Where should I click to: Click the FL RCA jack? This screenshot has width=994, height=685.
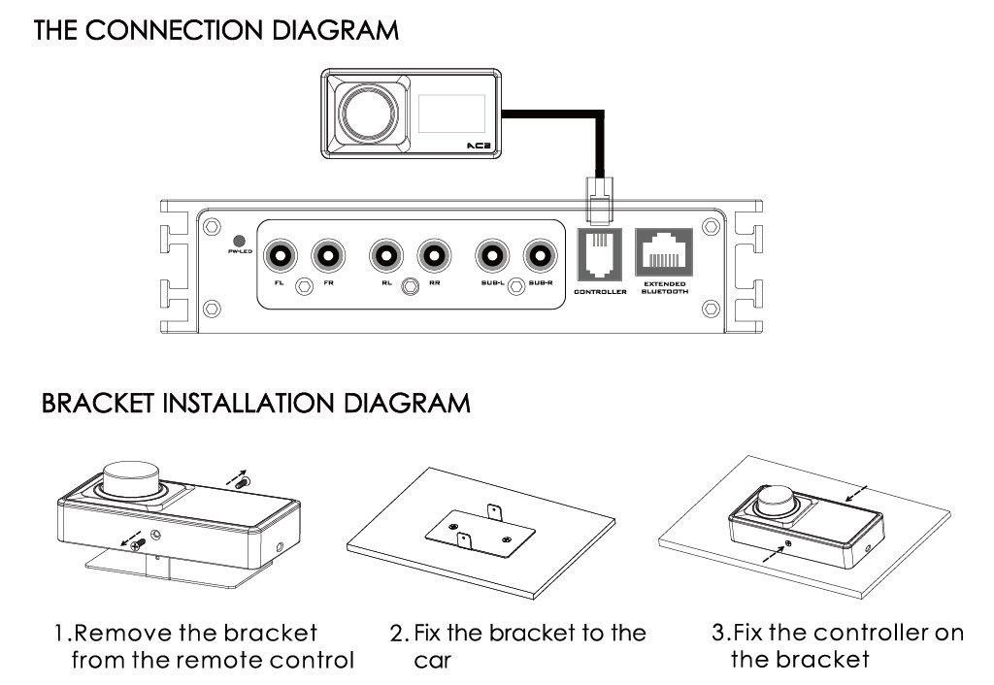282,255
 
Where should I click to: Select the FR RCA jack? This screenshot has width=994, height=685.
328,255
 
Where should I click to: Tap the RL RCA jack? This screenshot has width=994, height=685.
386,255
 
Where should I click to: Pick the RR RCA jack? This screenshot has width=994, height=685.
434,255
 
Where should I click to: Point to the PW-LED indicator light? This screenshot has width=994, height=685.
237,240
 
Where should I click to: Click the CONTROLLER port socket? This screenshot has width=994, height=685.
600,254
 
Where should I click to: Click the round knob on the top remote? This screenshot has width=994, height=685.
368,111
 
